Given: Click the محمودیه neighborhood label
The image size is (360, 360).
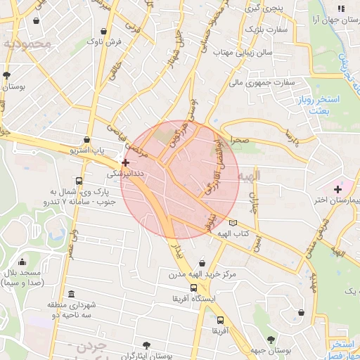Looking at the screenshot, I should pyautogui.click(x=27, y=44).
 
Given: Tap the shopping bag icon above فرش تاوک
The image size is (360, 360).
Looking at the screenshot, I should pyautogui.click(x=104, y=32).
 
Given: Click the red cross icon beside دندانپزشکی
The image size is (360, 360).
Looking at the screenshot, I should pyautogui.click(x=125, y=162).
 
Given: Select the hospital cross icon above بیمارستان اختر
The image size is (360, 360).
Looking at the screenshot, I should pyautogui.click(x=338, y=188).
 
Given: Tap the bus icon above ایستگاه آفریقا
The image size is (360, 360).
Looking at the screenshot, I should pyautogui.click(x=193, y=288).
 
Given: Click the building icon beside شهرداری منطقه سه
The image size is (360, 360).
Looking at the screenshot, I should pyautogui.click(x=71, y=295).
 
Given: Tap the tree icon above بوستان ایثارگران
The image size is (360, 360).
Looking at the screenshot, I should pyautogui.click(x=146, y=345).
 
